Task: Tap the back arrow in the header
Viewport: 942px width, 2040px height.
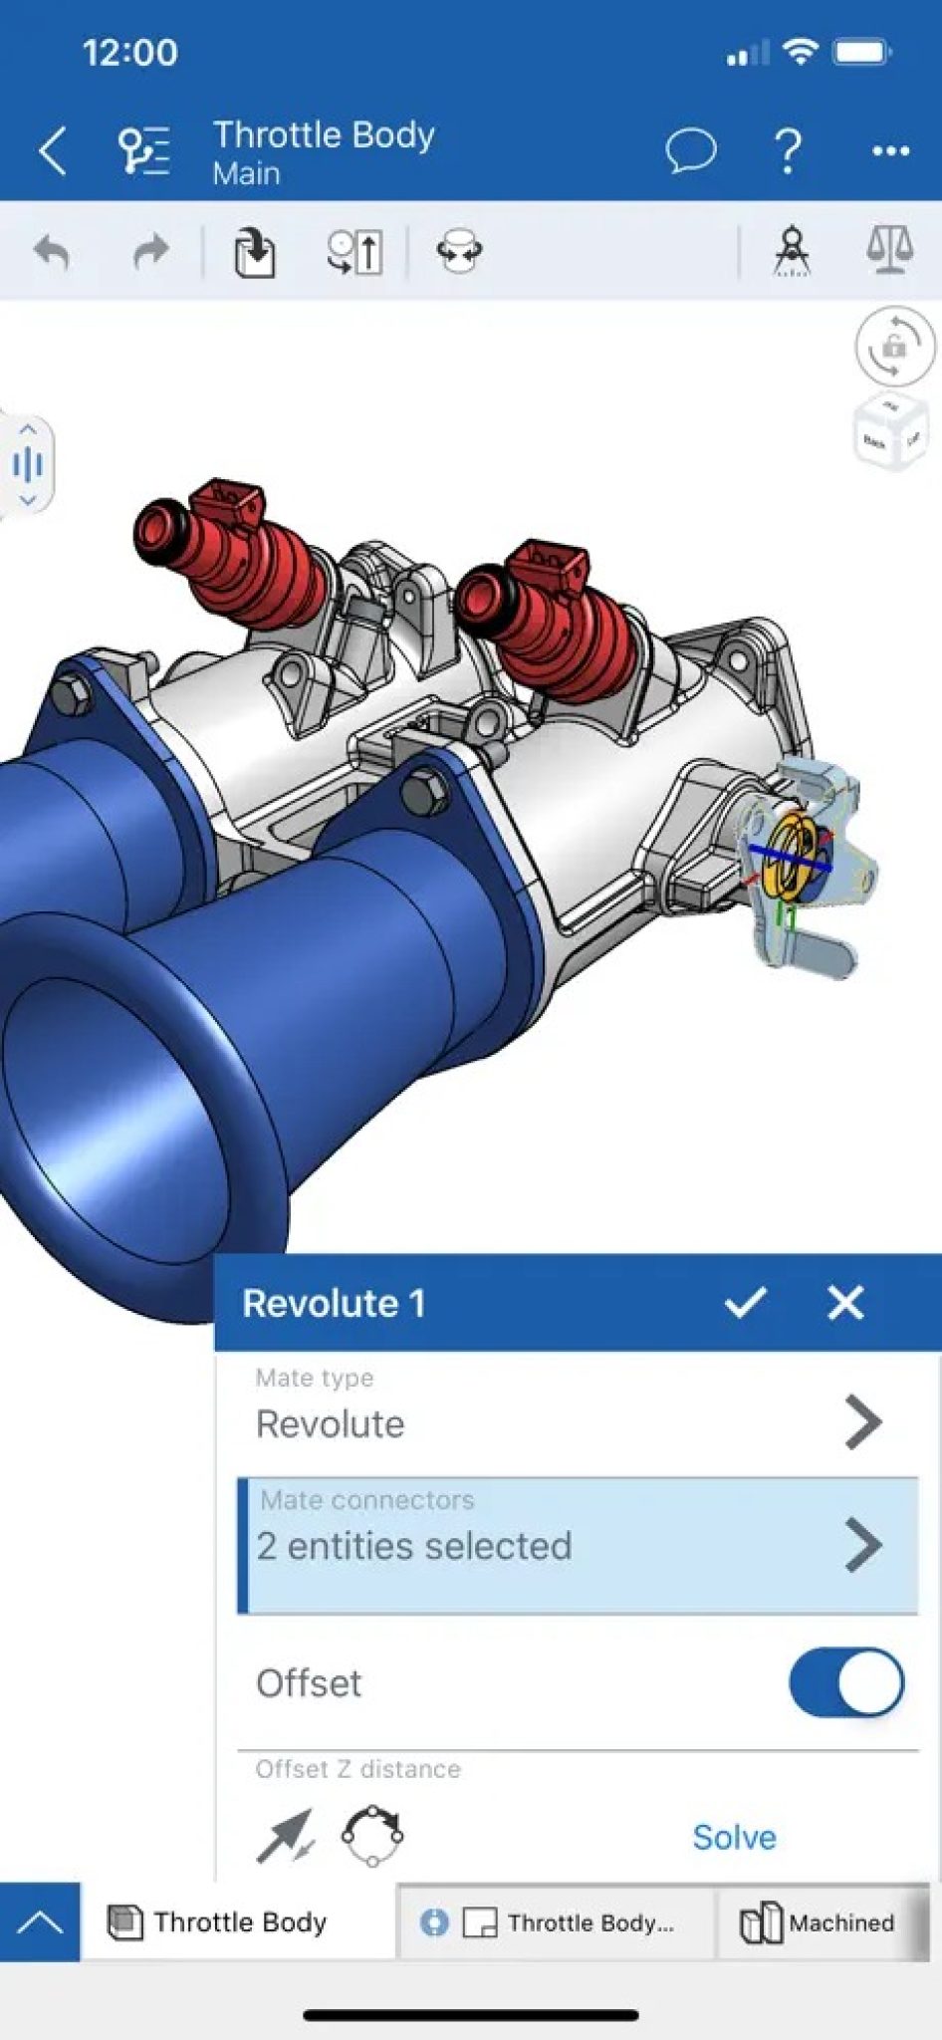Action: point(52,151)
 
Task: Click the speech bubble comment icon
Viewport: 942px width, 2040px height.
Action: point(690,150)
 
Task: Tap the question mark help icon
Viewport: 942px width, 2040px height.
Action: point(788,150)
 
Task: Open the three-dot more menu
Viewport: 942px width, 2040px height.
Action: point(890,151)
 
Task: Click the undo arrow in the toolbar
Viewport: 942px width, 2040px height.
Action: point(52,252)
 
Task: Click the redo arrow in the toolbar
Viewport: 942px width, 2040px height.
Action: point(150,252)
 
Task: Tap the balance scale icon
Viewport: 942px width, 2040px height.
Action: point(889,249)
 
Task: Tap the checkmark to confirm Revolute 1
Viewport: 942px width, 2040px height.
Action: point(745,1302)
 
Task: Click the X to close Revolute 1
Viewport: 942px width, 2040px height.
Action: point(845,1302)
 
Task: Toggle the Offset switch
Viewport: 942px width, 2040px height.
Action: point(846,1682)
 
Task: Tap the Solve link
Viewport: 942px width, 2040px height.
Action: point(734,1837)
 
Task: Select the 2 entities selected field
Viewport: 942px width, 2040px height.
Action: point(578,1545)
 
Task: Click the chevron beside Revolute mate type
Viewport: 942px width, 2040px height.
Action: point(862,1421)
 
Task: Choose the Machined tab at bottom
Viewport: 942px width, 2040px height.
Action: point(818,1922)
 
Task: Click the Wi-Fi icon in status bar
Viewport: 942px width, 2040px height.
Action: point(800,52)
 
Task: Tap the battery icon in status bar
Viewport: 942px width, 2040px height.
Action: point(862,52)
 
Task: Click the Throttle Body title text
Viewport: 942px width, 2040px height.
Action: point(324,134)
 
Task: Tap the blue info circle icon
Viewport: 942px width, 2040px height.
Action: point(434,1922)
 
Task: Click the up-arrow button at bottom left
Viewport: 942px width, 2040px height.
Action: point(40,1922)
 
